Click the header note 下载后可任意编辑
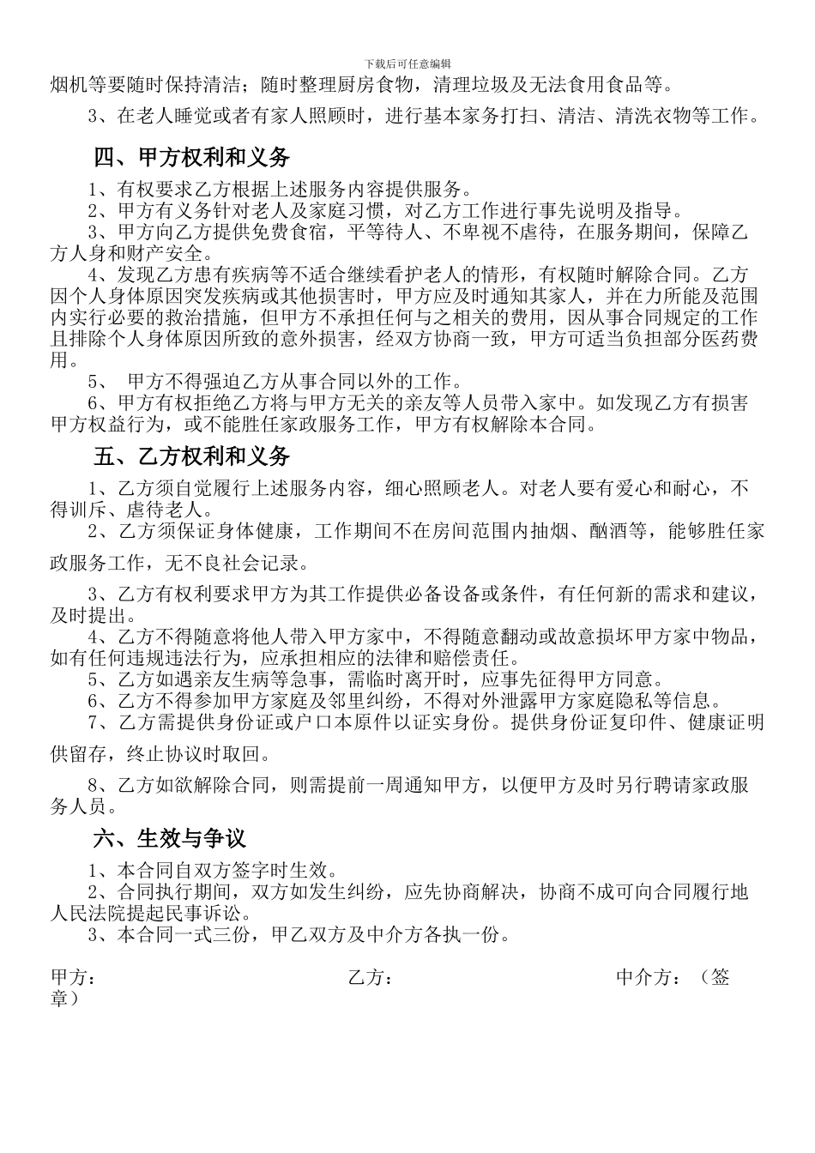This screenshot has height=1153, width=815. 407,63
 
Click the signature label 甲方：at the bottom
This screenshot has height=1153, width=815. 73,977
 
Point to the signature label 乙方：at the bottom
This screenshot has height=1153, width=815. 371,977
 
